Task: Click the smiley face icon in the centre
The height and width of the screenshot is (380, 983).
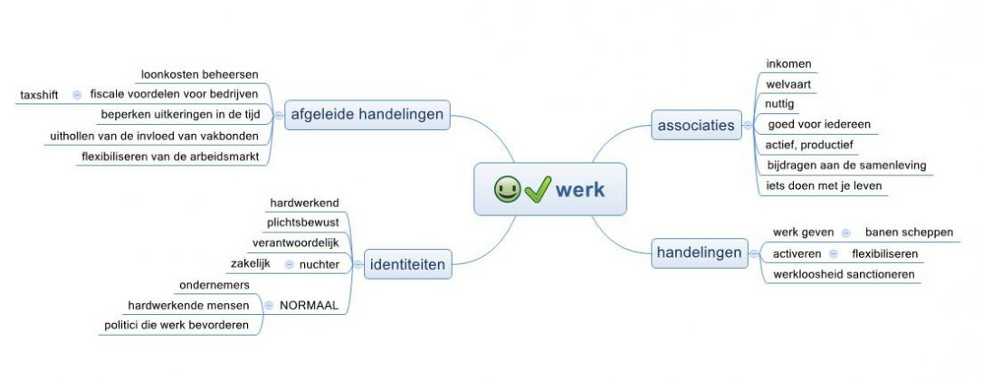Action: coord(507,190)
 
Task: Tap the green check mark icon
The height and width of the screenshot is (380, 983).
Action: coord(537,190)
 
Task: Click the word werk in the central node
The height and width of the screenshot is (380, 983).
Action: coord(580,190)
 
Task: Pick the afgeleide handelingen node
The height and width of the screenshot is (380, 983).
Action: coord(367,114)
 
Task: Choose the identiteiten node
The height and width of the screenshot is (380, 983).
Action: coord(407,265)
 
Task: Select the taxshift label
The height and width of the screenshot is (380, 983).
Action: coord(39,94)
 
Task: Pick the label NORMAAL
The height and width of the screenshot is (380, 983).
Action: coord(309,306)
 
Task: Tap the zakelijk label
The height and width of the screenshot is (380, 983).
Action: coord(252,263)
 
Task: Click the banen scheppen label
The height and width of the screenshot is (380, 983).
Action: coord(909,233)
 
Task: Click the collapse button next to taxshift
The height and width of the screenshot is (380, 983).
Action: coord(76,94)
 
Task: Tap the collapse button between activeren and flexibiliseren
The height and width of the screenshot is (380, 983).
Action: coord(833,253)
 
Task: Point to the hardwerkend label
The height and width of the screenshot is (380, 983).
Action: coord(304,203)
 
